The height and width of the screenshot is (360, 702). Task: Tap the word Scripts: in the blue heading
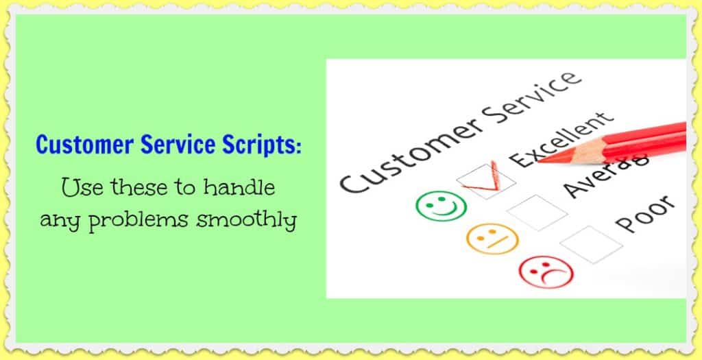click(x=260, y=146)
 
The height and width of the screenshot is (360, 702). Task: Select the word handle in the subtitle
click(x=247, y=187)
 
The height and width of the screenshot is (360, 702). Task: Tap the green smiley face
click(x=441, y=204)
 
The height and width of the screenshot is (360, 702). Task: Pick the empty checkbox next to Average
click(x=537, y=213)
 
